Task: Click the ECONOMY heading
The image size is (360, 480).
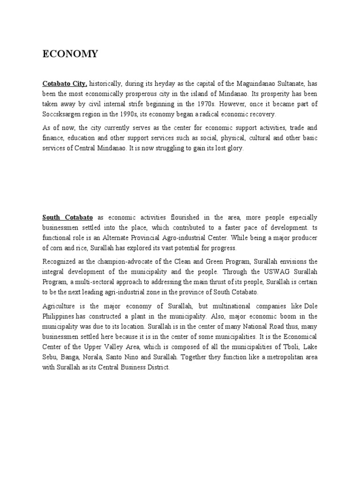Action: pyautogui.click(x=70, y=54)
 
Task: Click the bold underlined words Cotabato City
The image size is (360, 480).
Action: pyautogui.click(x=65, y=83)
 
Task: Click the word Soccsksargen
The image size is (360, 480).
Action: pyautogui.click(x=60, y=114)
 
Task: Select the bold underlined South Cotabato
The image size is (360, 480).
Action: pyautogui.click(x=67, y=217)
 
